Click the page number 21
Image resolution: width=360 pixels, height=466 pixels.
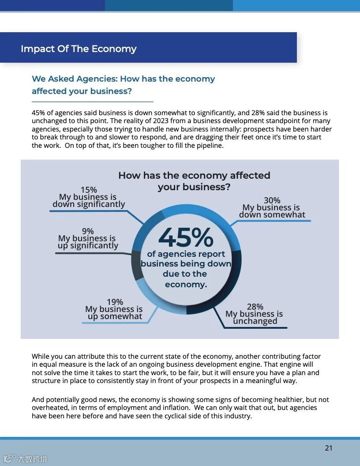click(329, 448)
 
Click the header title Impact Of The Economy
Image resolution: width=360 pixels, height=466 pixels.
click(79, 49)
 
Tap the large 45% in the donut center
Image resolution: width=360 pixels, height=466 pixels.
click(186, 237)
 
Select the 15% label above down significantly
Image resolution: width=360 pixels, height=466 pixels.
click(89, 190)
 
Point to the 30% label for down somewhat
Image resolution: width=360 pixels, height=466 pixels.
click(272, 200)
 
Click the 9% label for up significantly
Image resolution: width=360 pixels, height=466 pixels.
click(88, 231)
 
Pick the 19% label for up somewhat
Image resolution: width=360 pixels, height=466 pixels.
click(115, 302)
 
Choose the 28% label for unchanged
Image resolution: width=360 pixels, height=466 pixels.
click(255, 306)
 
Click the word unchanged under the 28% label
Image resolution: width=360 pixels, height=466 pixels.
click(255, 321)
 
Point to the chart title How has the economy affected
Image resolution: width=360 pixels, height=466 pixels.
click(194, 175)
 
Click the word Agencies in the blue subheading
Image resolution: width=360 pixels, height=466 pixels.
click(95, 79)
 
